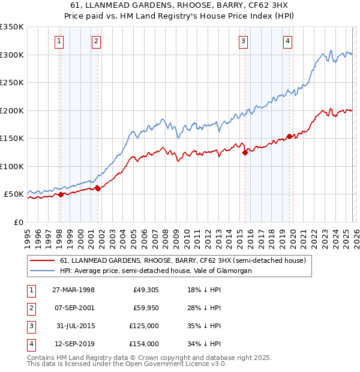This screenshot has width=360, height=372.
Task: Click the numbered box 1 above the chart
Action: [x=60, y=41]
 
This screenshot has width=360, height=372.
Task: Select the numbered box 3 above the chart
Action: [x=244, y=41]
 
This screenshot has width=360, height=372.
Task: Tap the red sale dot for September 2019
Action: [x=289, y=136]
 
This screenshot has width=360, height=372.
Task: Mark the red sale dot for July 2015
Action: [x=245, y=152]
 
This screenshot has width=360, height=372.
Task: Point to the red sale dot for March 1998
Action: [x=61, y=194]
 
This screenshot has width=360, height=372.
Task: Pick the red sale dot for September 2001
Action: [x=98, y=188]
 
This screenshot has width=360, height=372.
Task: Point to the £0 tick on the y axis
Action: [x=19, y=223]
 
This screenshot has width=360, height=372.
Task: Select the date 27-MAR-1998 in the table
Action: [x=73, y=290]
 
